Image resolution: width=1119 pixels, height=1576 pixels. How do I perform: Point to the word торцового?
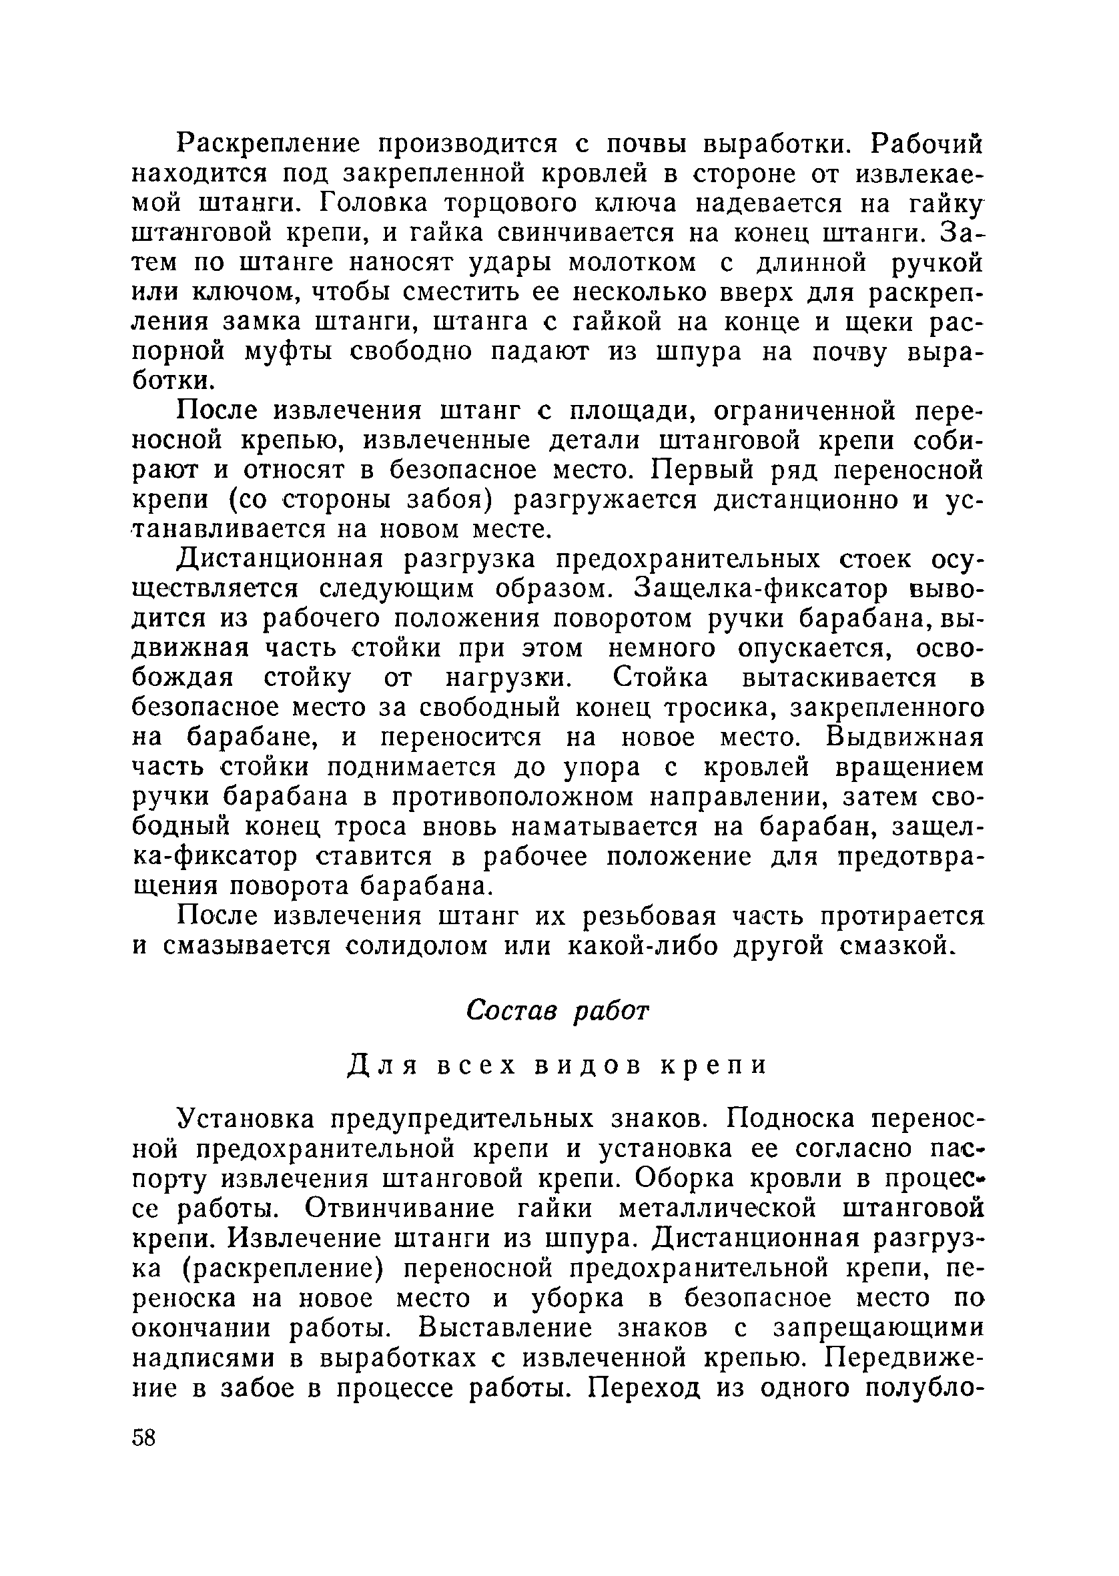pyautogui.click(x=524, y=204)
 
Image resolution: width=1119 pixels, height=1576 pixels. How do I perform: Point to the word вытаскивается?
pyautogui.click(x=839, y=679)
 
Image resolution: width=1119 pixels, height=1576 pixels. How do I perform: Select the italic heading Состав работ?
pyautogui.click(x=557, y=1010)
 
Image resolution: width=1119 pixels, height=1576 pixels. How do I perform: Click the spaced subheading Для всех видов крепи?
pyautogui.click(x=556, y=1066)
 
